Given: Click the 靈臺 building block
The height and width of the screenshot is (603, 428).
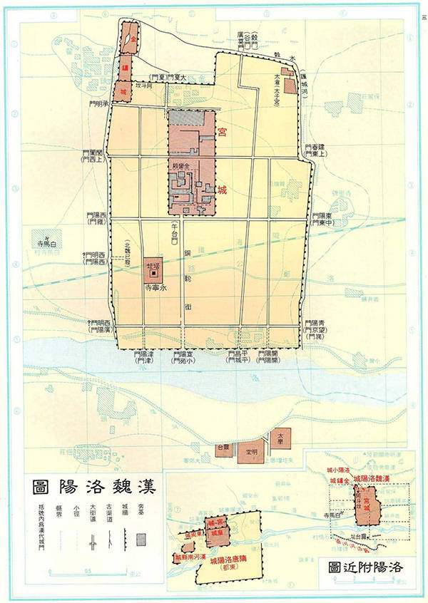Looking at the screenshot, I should pos(222,450).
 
